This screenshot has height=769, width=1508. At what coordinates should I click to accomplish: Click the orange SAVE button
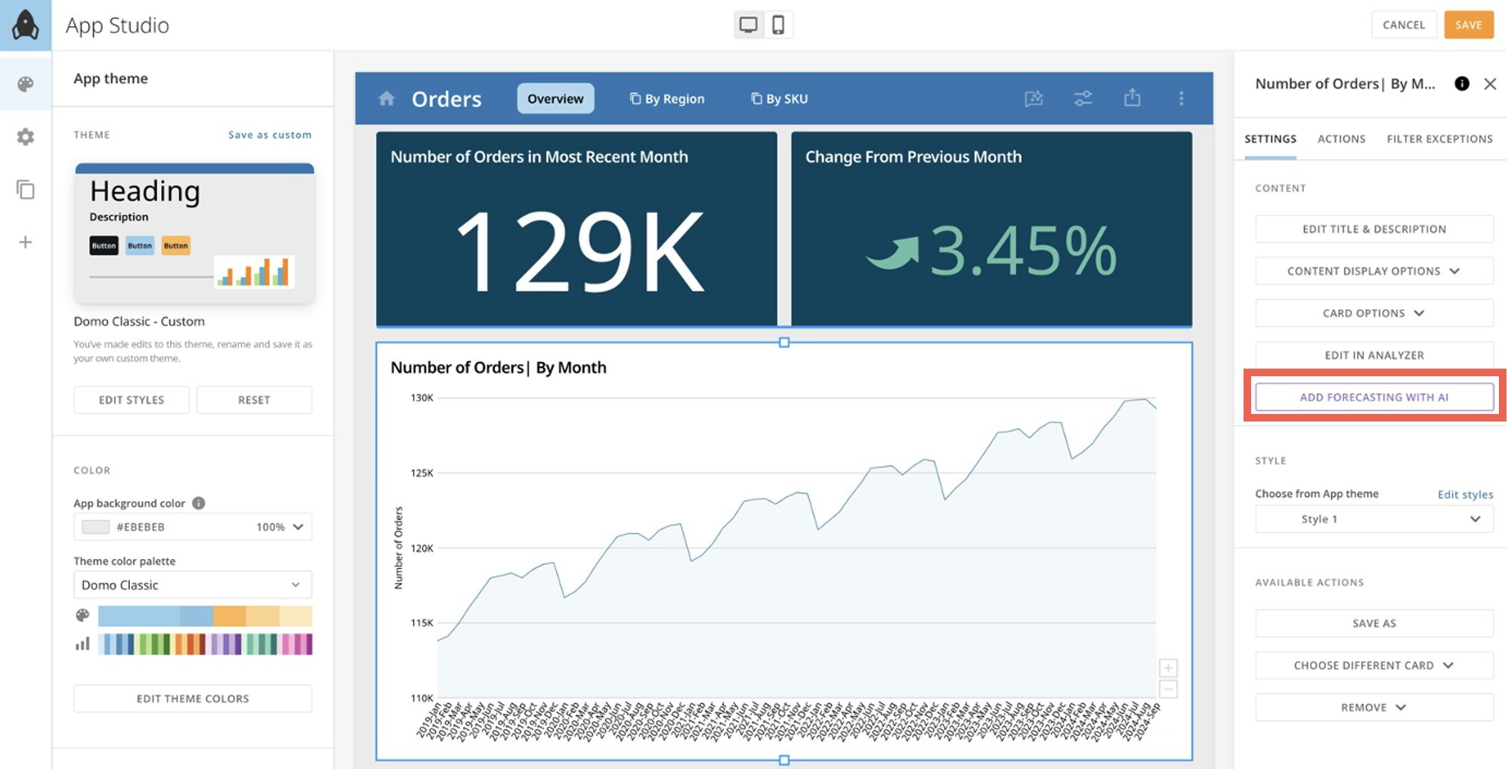coord(1468,25)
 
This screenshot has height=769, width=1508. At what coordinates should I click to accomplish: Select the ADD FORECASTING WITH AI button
coord(1374,397)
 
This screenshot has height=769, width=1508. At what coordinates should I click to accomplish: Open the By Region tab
coord(667,99)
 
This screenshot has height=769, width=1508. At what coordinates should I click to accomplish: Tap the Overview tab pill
coord(555,99)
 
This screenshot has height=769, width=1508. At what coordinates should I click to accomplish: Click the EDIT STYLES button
coord(131,400)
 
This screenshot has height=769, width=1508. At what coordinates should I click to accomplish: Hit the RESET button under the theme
coord(254,400)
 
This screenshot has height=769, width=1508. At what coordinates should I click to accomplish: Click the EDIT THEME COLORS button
coord(193,699)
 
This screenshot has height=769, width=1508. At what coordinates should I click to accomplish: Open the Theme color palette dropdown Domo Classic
coord(193,585)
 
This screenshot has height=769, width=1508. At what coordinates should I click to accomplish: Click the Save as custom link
coord(270,135)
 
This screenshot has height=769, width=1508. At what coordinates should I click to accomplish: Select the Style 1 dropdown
coord(1374,519)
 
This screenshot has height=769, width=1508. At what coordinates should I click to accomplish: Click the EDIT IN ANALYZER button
coord(1374,355)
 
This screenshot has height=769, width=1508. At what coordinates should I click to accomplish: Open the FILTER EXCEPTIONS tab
coord(1439,139)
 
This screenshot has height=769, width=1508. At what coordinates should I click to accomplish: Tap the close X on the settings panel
coord(1489,84)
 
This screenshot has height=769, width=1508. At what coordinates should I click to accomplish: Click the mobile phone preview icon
coord(777,25)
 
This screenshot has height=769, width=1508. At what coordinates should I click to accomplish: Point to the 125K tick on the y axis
coord(422,473)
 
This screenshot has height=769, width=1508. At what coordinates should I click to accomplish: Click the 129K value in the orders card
coord(579,252)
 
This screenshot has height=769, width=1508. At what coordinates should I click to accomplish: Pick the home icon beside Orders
coord(387,98)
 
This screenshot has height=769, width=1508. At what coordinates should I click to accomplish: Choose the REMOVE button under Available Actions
coord(1374,708)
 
